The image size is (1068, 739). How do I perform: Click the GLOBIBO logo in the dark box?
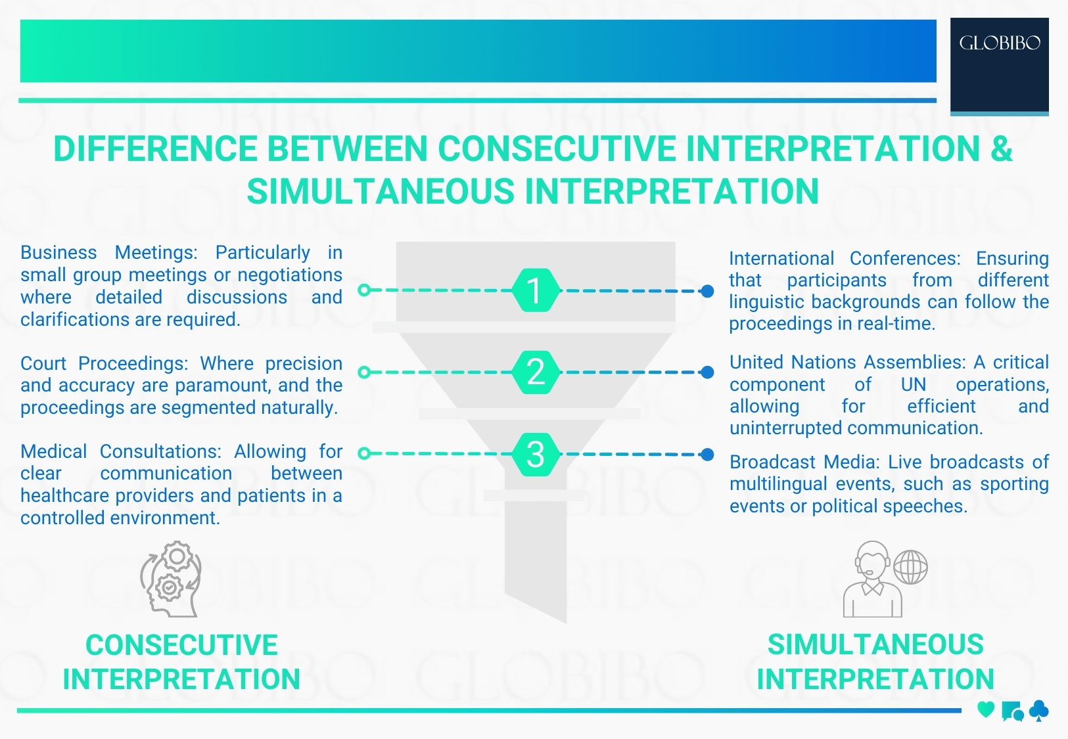pos(1000,43)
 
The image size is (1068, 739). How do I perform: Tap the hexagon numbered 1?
pos(536,290)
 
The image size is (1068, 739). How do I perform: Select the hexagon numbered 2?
pos(536,372)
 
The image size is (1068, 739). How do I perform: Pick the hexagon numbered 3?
pos(536,454)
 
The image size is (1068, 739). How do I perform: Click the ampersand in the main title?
pos(1001,148)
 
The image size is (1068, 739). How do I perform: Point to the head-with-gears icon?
pos(170,579)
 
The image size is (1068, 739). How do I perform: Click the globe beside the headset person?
pos(910,567)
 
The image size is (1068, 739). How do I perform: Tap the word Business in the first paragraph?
pos(58,253)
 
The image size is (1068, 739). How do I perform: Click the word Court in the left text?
pos(43,363)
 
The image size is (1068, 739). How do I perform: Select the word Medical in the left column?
pos(53,452)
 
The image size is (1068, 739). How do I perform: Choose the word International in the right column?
pos(781,259)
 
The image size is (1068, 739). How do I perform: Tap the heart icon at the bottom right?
pos(985,709)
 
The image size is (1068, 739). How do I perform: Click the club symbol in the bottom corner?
pos(1039,710)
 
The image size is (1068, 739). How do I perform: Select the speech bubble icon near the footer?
pos(1012,711)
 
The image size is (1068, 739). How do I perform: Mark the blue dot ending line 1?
pos(707,291)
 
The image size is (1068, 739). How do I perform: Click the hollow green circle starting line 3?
pos(365,453)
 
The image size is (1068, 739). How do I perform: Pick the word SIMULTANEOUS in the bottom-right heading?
pos(875,644)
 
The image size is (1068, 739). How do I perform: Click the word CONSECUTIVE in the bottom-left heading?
pos(181,645)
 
